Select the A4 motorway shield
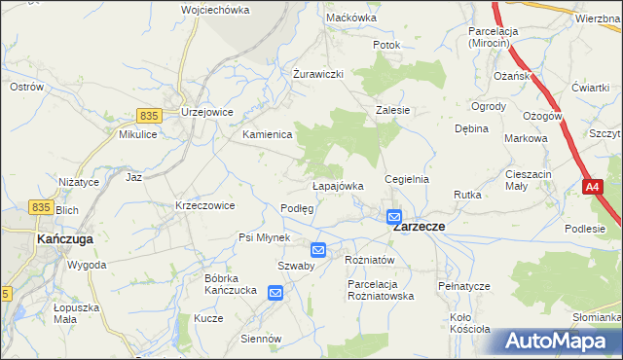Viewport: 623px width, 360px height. [x=593, y=186]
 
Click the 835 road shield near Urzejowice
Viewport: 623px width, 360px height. [x=148, y=115]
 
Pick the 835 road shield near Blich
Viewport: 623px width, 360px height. [x=40, y=206]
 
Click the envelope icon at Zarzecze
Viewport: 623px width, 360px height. [x=393, y=216]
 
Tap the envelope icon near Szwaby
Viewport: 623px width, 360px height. [x=317, y=250]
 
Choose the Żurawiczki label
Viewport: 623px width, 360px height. [x=318, y=74]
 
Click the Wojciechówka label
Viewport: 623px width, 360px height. [x=215, y=10]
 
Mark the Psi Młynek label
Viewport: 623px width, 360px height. [x=265, y=237]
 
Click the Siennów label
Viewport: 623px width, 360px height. [x=261, y=339]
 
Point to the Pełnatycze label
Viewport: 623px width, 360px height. [x=462, y=286]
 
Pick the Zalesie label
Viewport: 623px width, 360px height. [x=392, y=111]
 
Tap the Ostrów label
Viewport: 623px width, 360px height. [x=26, y=87]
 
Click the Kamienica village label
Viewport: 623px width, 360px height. [x=268, y=134]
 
